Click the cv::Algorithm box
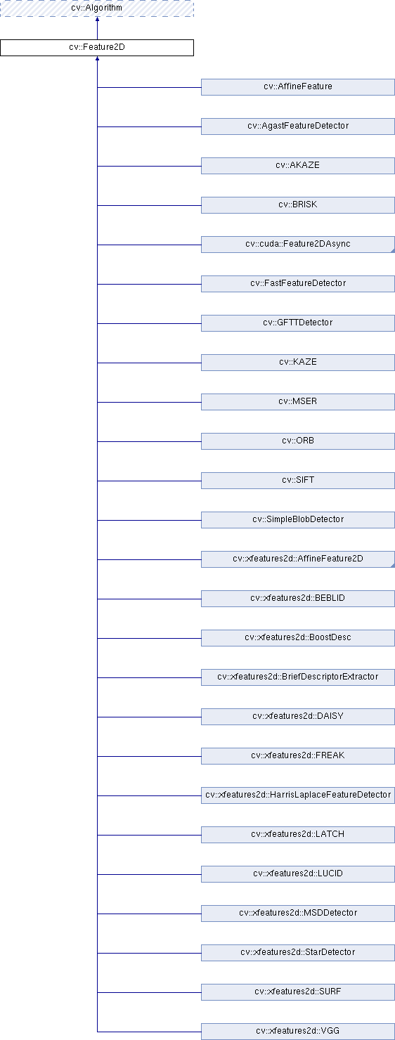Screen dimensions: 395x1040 [x=96, y=8]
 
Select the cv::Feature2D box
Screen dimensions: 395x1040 [x=96, y=47]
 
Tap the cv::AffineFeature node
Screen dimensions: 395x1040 [x=297, y=87]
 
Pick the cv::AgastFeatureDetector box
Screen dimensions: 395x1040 [x=297, y=126]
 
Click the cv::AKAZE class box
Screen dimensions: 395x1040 [x=297, y=166]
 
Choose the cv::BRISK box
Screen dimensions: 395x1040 [x=297, y=204]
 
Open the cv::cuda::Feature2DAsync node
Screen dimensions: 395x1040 [x=297, y=245]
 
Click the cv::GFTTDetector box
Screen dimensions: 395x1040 [x=297, y=323]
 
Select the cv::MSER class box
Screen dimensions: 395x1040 [x=297, y=402]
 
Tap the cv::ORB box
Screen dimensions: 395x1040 [x=297, y=441]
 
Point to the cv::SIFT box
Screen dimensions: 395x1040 [x=297, y=481]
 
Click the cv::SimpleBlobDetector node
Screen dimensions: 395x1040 [x=297, y=519]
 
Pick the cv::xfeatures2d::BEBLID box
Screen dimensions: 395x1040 [x=297, y=599]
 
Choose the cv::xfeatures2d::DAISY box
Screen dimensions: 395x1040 [x=297, y=716]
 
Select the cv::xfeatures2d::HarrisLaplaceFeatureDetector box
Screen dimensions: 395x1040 [x=297, y=795]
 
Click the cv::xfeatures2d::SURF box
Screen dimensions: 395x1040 [x=297, y=992]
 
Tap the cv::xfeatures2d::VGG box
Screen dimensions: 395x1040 [x=297, y=1031]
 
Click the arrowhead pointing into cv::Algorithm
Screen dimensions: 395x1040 [x=97, y=19]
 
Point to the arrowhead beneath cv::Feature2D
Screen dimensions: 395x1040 [x=97, y=58]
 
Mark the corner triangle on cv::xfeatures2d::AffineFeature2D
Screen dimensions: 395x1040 [x=393, y=565]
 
